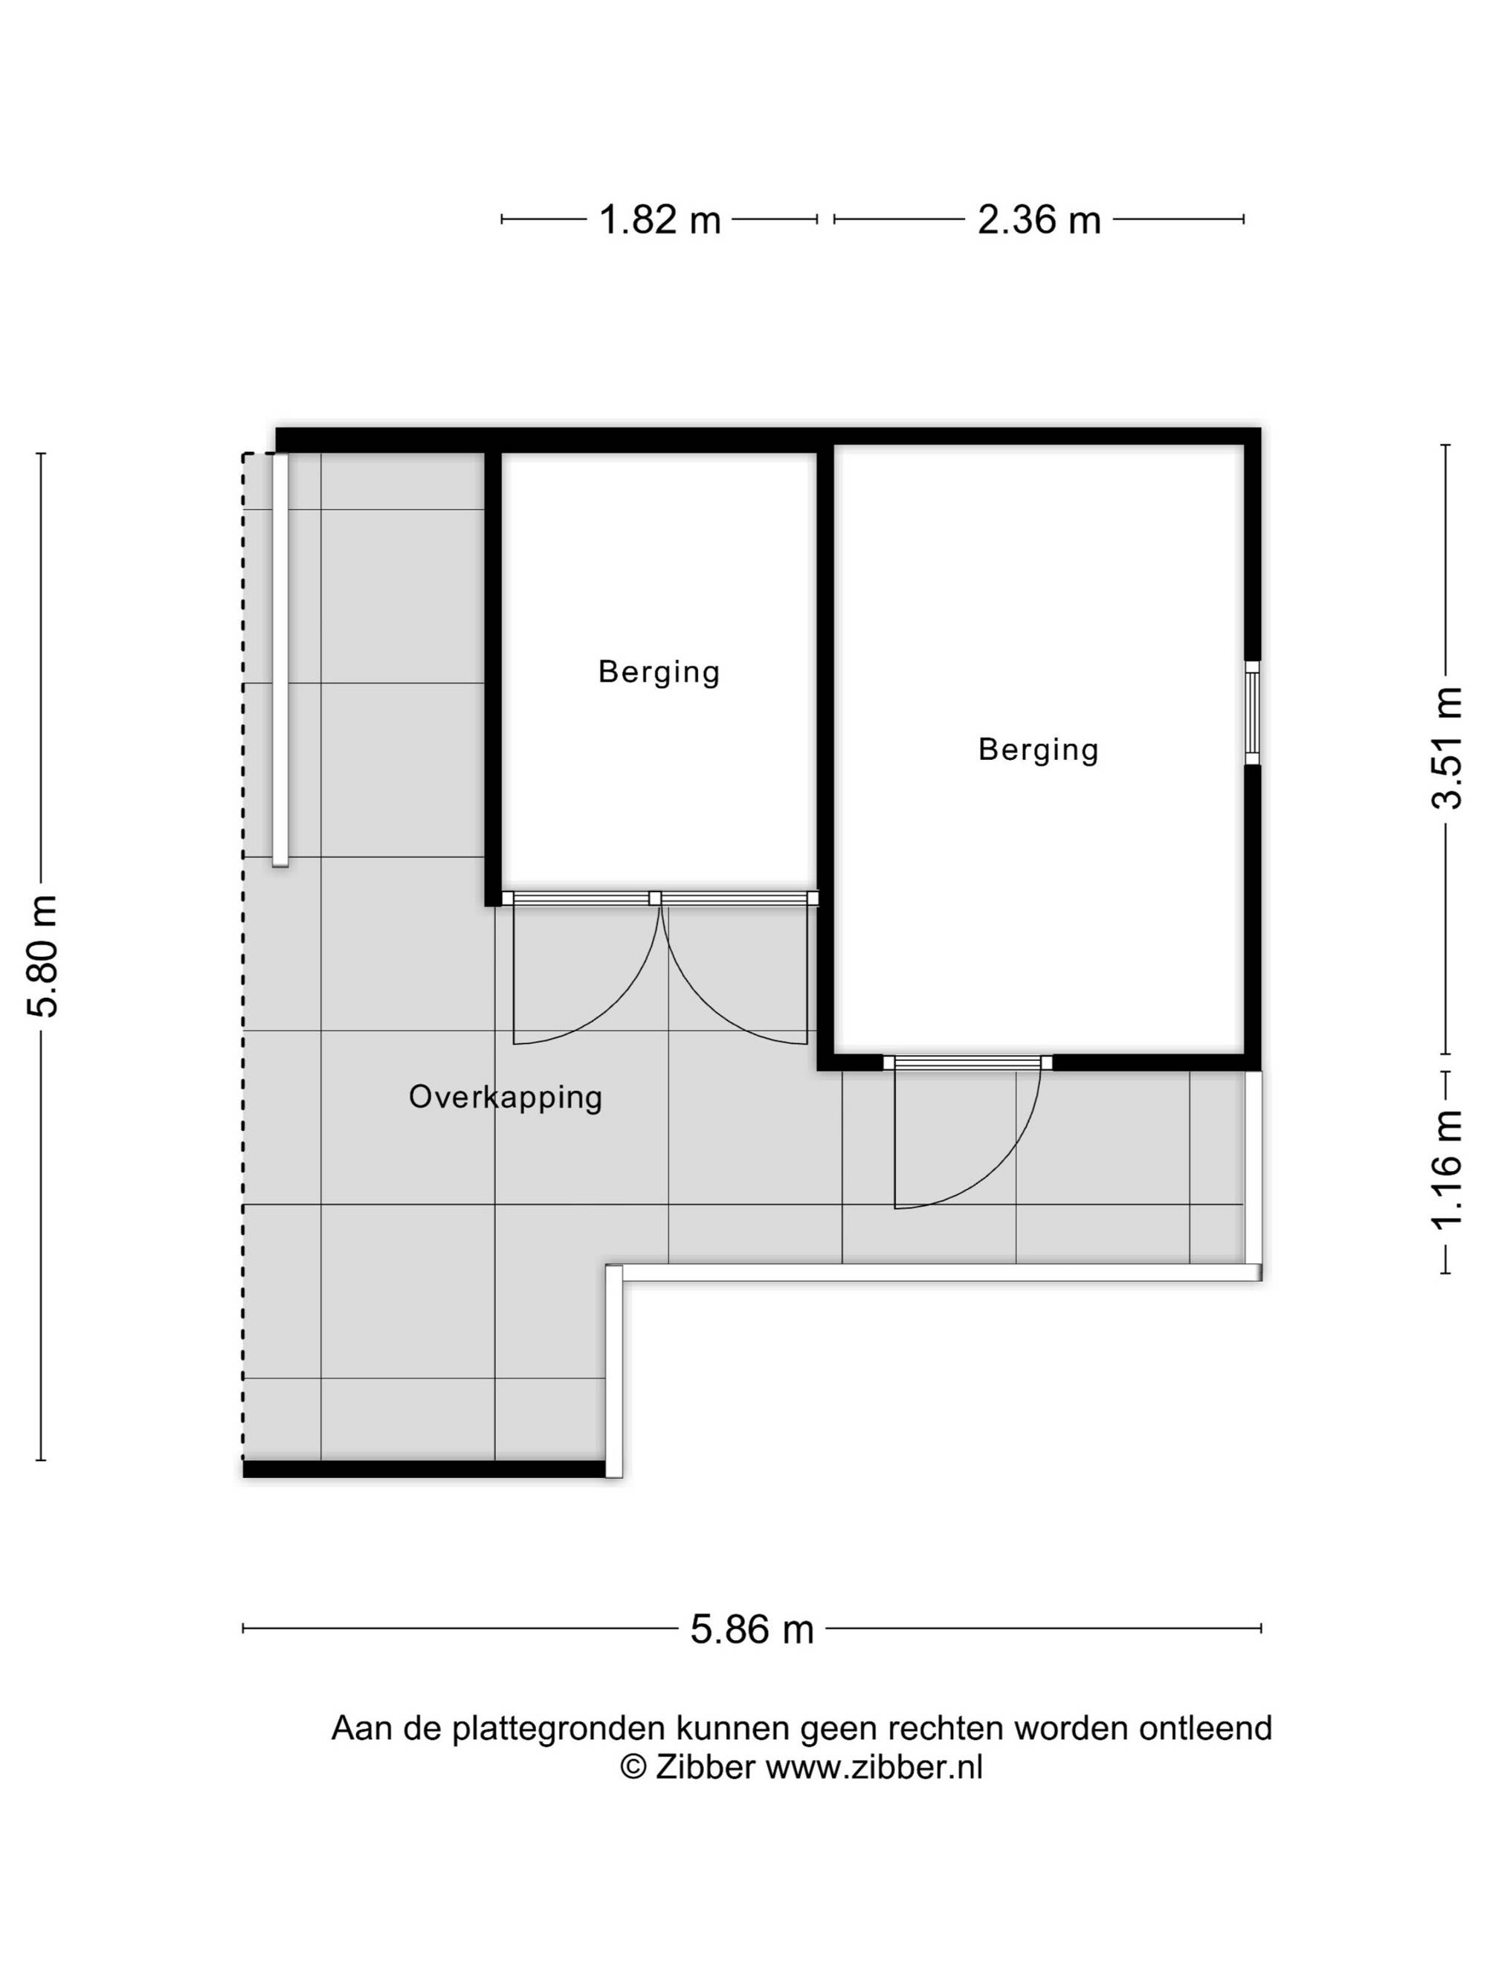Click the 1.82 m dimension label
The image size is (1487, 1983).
click(659, 219)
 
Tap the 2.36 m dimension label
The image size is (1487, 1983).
click(1039, 219)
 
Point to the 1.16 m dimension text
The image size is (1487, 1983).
click(1446, 1170)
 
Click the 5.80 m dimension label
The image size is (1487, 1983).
click(42, 955)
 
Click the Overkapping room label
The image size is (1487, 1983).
click(506, 1097)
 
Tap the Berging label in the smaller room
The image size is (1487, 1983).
click(659, 671)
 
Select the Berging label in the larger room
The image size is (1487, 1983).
click(1038, 749)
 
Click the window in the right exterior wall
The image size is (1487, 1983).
click(1252, 713)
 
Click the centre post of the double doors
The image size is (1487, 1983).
click(655, 897)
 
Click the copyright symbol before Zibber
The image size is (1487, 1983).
click(633, 1767)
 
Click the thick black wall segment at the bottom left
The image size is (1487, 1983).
click(424, 1468)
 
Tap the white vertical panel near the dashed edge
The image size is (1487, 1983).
click(280, 660)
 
